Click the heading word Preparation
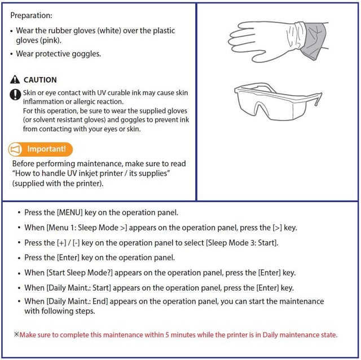31,15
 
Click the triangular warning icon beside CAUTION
15,79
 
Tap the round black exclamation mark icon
15,95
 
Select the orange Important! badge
41,149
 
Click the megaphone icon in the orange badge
15,149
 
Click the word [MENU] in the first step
69,212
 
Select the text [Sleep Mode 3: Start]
242,243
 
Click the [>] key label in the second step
277,228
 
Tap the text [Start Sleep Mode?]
80,273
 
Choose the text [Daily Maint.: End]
77,301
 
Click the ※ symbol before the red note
16,334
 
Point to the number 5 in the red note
167,335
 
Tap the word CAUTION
40,80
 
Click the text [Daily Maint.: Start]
79,288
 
